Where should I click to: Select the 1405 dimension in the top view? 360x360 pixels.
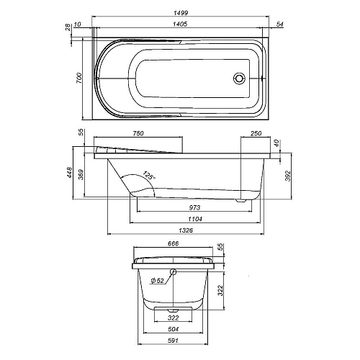coord(180,25)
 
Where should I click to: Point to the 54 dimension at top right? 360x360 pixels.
coord(279,25)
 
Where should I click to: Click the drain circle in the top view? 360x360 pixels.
coord(240,78)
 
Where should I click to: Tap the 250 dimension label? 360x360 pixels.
coord(256,133)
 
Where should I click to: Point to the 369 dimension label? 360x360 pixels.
coord(82,175)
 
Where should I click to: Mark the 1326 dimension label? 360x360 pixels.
coord(186,231)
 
